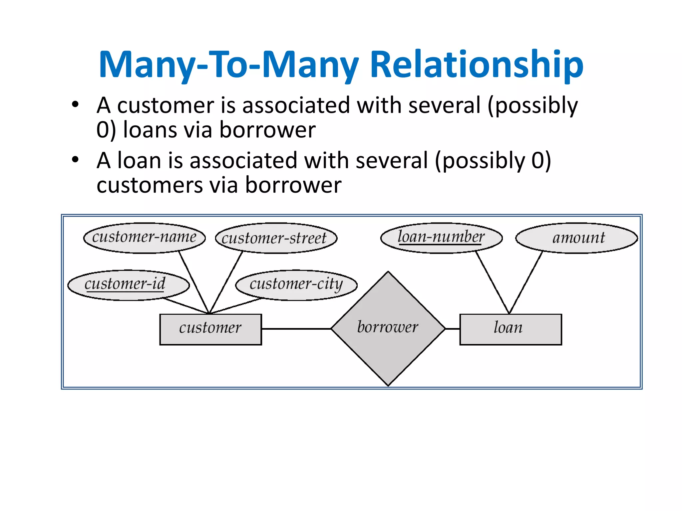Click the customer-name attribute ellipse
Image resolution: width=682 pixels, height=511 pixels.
144,238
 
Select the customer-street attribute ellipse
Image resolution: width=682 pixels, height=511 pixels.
276,238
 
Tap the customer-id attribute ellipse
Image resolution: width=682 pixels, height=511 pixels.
128,285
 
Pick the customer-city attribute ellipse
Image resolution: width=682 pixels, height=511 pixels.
296,285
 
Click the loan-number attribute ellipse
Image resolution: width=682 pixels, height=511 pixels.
441,238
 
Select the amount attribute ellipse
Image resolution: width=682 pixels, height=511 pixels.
576,238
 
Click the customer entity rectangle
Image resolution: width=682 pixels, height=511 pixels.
210,329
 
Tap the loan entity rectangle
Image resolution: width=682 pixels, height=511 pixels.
510,329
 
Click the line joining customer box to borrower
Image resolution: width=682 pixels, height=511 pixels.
296,329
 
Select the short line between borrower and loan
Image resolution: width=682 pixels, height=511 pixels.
453,329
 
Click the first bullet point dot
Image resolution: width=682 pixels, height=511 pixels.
75,104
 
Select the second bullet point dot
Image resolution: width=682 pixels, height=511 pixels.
75,160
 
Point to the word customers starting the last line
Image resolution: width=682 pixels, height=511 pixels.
149,185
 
